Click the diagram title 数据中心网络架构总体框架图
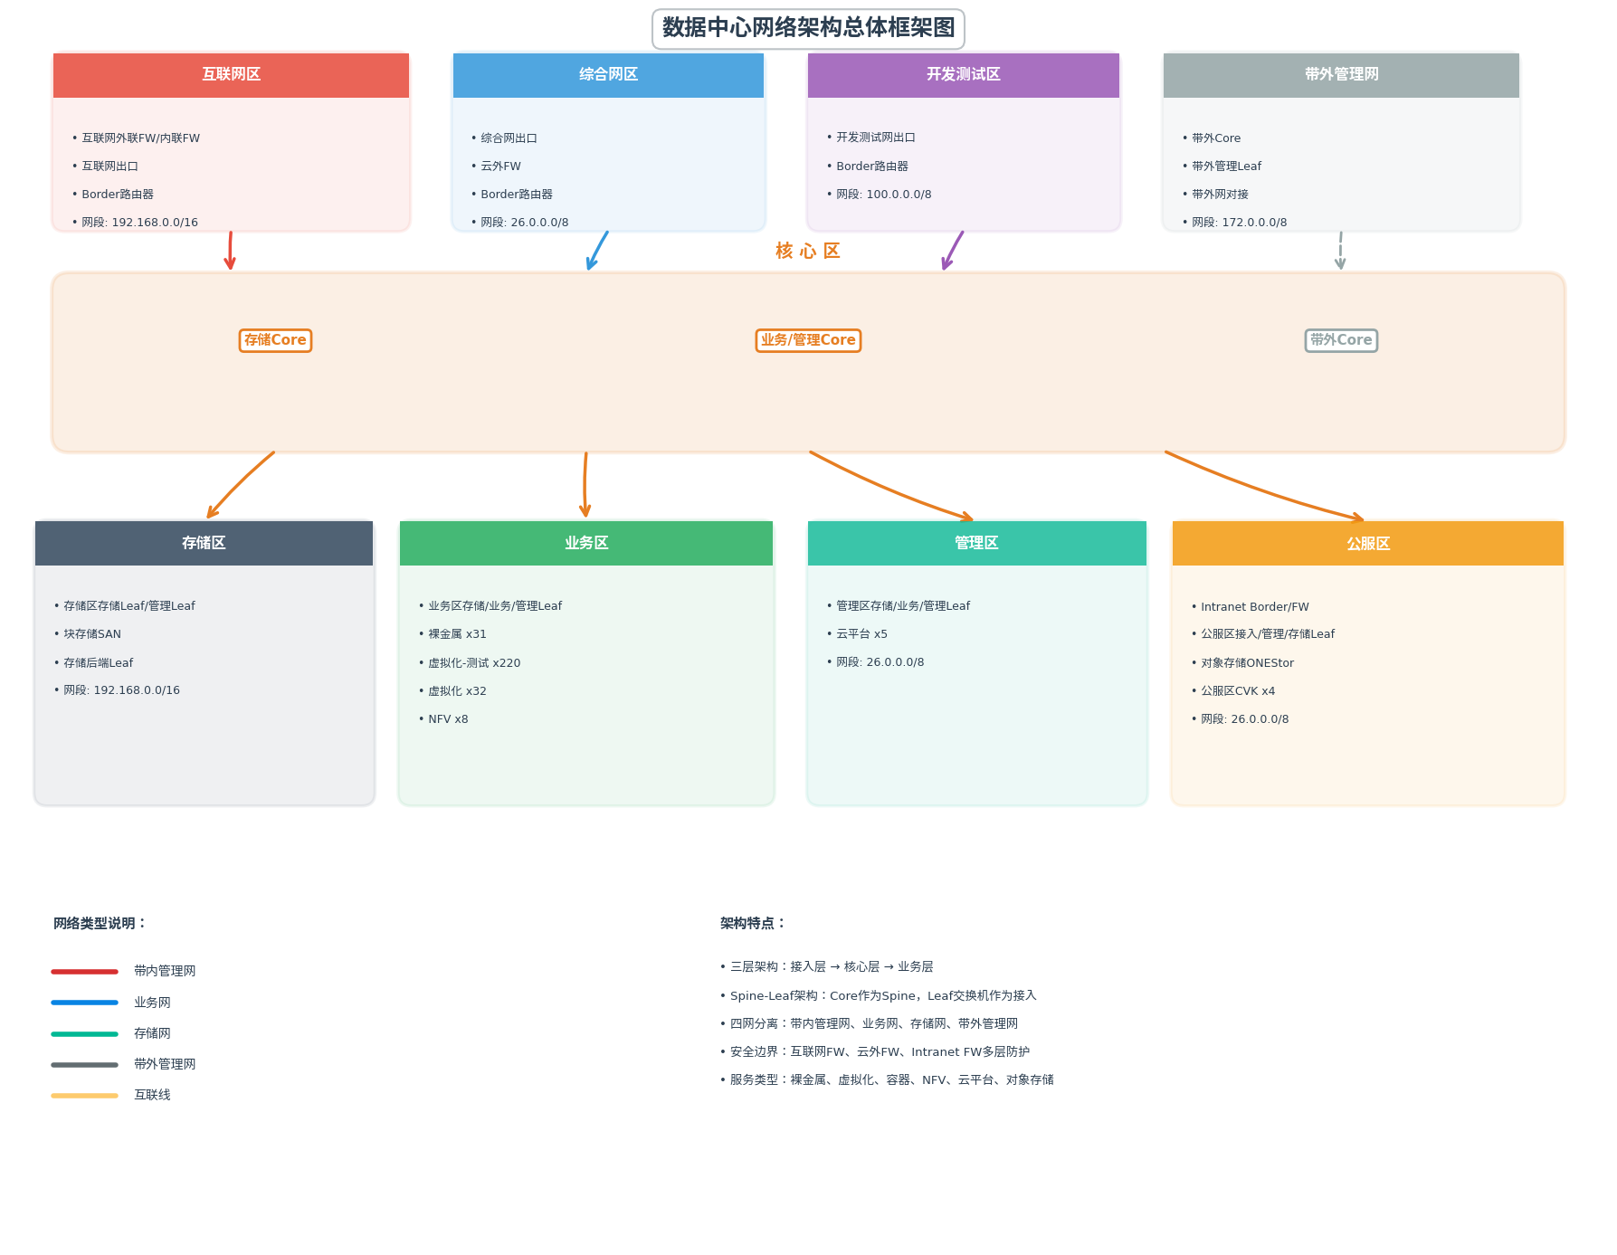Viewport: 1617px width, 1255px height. point(808,28)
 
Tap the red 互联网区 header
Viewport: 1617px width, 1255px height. point(231,74)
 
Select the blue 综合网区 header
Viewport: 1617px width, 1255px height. point(608,74)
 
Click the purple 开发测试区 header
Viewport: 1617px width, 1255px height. point(963,74)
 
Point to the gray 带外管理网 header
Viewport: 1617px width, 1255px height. point(1341,74)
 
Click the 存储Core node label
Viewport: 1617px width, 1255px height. point(275,340)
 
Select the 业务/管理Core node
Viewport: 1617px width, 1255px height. point(808,340)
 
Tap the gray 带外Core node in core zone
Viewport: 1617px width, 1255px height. point(1341,340)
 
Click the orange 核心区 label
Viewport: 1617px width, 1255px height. point(808,251)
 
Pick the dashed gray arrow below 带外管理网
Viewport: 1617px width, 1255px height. point(1340,251)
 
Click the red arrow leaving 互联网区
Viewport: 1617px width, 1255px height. point(230,251)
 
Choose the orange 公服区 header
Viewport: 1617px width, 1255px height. point(1367,543)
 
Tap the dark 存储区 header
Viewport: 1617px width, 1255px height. point(204,543)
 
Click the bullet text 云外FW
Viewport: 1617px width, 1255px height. point(500,166)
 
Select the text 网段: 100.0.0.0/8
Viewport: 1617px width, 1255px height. point(883,195)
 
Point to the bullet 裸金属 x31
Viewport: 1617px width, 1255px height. point(457,634)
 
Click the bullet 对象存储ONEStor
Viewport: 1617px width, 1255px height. point(1247,663)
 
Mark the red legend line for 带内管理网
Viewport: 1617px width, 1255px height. point(85,972)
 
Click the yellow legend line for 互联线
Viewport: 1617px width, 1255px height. point(85,1096)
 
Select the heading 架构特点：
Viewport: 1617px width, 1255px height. point(753,923)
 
